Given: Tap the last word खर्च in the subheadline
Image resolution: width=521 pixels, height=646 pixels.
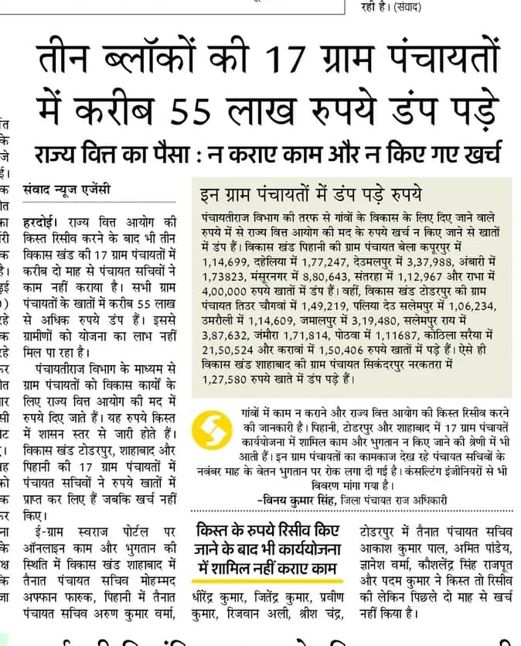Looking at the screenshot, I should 479,151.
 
